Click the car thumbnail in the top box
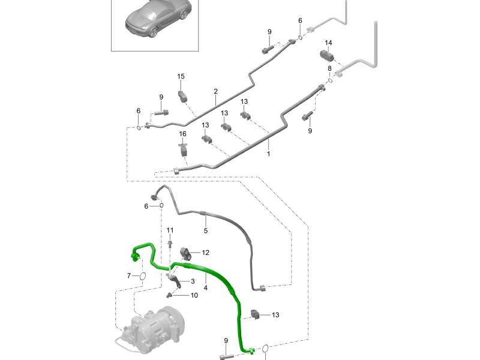coord(158,19)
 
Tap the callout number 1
coord(268,154)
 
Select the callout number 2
coord(215,92)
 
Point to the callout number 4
coord(206,288)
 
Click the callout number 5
coord(205,230)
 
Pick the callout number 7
coord(128,275)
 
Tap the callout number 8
coord(329,68)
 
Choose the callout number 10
coord(194,295)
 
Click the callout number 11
coord(170,230)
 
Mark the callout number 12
coord(205,253)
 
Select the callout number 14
coord(328,43)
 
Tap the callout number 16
coord(182,133)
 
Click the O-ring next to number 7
coord(142,276)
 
